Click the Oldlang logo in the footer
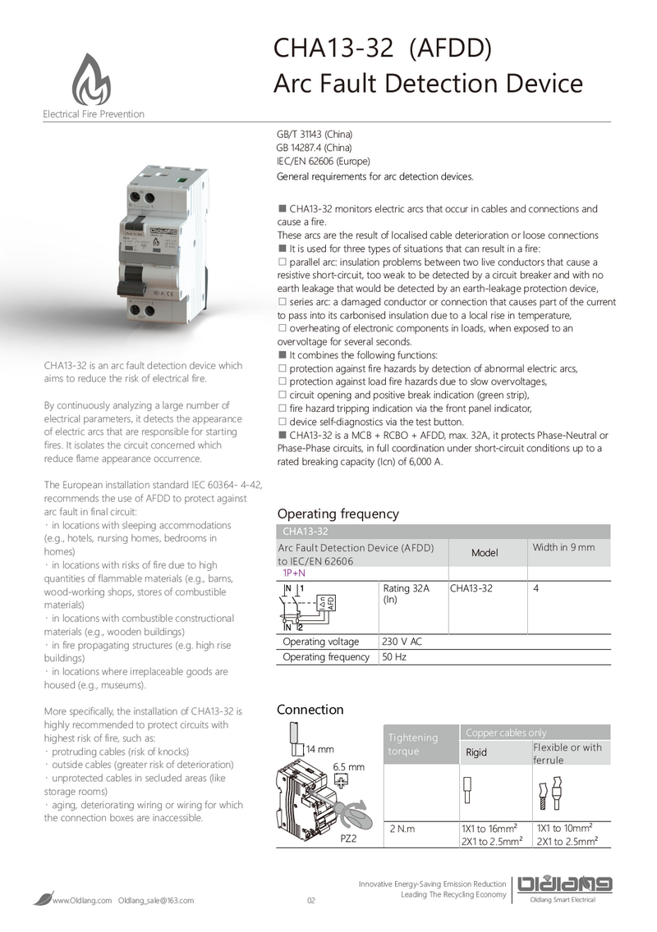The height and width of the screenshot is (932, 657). tap(565, 884)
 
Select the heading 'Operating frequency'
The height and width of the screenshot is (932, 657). tap(338, 514)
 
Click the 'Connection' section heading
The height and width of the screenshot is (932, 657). tap(310, 709)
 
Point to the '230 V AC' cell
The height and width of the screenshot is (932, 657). tap(402, 642)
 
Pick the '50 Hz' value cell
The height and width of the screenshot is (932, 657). tap(394, 657)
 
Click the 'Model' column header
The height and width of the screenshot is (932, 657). tap(485, 552)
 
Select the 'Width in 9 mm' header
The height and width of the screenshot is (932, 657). tap(563, 547)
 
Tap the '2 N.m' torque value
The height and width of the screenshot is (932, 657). tap(402, 829)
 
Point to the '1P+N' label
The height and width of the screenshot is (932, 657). tap(294, 573)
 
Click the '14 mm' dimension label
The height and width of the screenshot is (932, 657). tap(319, 749)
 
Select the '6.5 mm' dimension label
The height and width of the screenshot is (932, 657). tap(348, 766)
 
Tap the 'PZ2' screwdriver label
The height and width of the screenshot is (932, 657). tap(348, 839)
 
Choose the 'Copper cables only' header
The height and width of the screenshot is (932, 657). tap(505, 733)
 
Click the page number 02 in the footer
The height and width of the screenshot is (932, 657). tap(311, 901)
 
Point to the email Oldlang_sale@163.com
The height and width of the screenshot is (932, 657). tap(157, 901)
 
